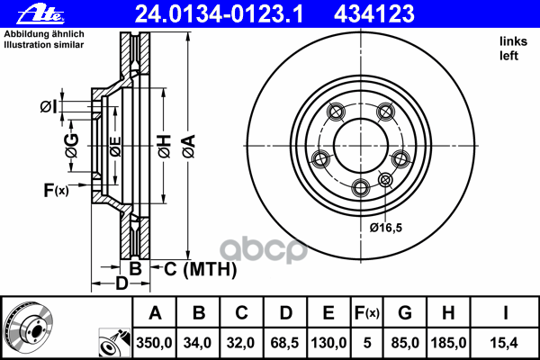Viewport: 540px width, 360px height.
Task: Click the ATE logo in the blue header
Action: coord(40,13)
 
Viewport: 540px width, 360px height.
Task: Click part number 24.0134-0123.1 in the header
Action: coord(219,13)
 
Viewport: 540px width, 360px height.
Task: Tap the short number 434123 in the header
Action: coord(374,13)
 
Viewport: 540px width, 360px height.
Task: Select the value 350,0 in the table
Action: coord(154,343)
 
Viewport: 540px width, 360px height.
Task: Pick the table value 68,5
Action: coord(284,343)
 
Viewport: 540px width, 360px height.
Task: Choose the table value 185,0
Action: coord(448,343)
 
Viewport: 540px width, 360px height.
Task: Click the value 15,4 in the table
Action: coord(504,343)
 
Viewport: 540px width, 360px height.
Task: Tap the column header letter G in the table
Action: coord(405,313)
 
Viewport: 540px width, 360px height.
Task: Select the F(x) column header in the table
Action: coord(367,313)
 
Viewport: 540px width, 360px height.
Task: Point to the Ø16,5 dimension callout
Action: coord(386,228)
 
